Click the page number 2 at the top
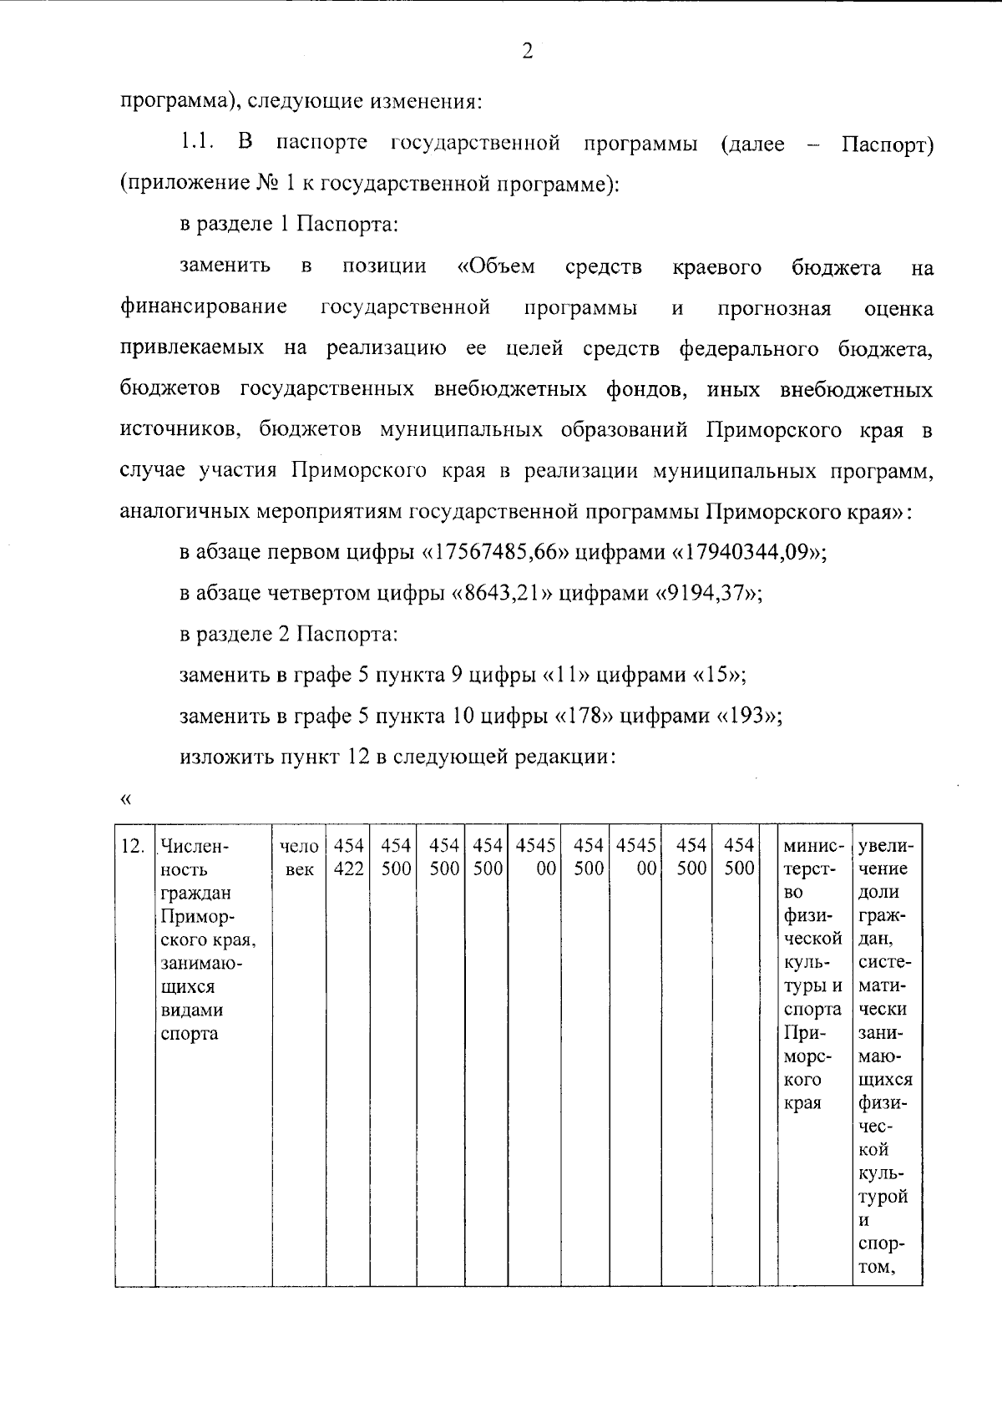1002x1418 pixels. [x=527, y=52]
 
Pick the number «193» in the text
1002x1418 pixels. [x=746, y=716]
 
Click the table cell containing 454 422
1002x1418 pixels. [x=348, y=857]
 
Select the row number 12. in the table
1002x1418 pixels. [x=133, y=846]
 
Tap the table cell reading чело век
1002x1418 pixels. [x=299, y=857]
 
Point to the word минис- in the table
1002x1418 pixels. [x=813, y=846]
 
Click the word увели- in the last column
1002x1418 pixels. [x=885, y=846]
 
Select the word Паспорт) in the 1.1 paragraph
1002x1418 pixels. [x=887, y=144]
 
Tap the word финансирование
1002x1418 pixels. [x=205, y=307]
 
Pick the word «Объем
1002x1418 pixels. [x=496, y=266]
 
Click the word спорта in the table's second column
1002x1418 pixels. [x=189, y=1033]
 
